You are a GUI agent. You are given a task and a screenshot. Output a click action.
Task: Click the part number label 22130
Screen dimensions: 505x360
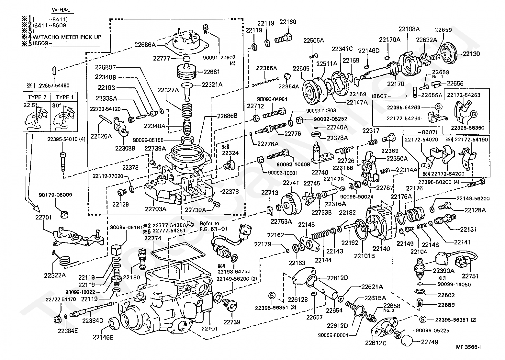click(471, 54)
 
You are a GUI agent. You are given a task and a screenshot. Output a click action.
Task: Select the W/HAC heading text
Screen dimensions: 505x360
click(61, 10)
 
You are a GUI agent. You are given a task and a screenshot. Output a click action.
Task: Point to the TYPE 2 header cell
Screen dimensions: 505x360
click(37, 97)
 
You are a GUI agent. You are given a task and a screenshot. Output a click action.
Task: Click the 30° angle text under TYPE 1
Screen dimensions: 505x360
click(57, 106)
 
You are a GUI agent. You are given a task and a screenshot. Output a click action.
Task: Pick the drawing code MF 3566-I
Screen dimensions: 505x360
click(468, 347)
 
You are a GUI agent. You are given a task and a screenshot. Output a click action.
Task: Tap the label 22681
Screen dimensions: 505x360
click(211, 72)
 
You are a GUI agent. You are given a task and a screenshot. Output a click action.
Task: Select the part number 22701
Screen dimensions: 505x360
click(43, 217)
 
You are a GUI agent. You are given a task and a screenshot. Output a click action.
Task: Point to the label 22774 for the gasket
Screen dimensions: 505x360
click(153, 238)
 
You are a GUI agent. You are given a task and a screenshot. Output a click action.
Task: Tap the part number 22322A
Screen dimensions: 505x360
click(55, 276)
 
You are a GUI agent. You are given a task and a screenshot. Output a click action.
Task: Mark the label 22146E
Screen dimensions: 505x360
click(103, 337)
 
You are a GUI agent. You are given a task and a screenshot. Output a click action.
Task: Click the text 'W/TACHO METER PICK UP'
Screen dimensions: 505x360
click(67, 37)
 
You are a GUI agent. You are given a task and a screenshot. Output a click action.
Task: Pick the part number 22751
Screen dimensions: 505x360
click(470, 276)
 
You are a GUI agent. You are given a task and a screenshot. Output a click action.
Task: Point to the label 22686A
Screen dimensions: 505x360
click(145, 45)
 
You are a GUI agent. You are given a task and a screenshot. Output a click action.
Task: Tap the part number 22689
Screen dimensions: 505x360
click(446, 305)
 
